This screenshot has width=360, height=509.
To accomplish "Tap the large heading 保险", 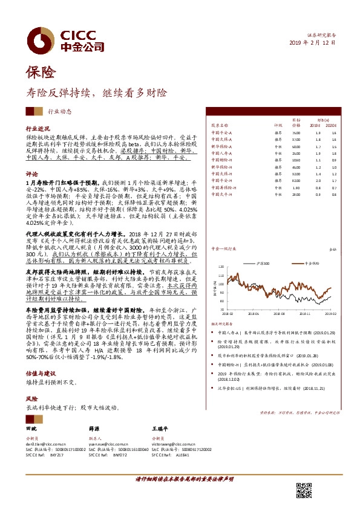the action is click(41, 74).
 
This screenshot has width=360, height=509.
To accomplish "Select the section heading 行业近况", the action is click(38, 129).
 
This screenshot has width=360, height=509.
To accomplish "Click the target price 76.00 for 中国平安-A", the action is click(296, 132).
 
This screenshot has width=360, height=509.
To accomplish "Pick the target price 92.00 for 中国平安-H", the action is click(296, 180).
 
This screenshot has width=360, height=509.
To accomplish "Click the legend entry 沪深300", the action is click(264, 264).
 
